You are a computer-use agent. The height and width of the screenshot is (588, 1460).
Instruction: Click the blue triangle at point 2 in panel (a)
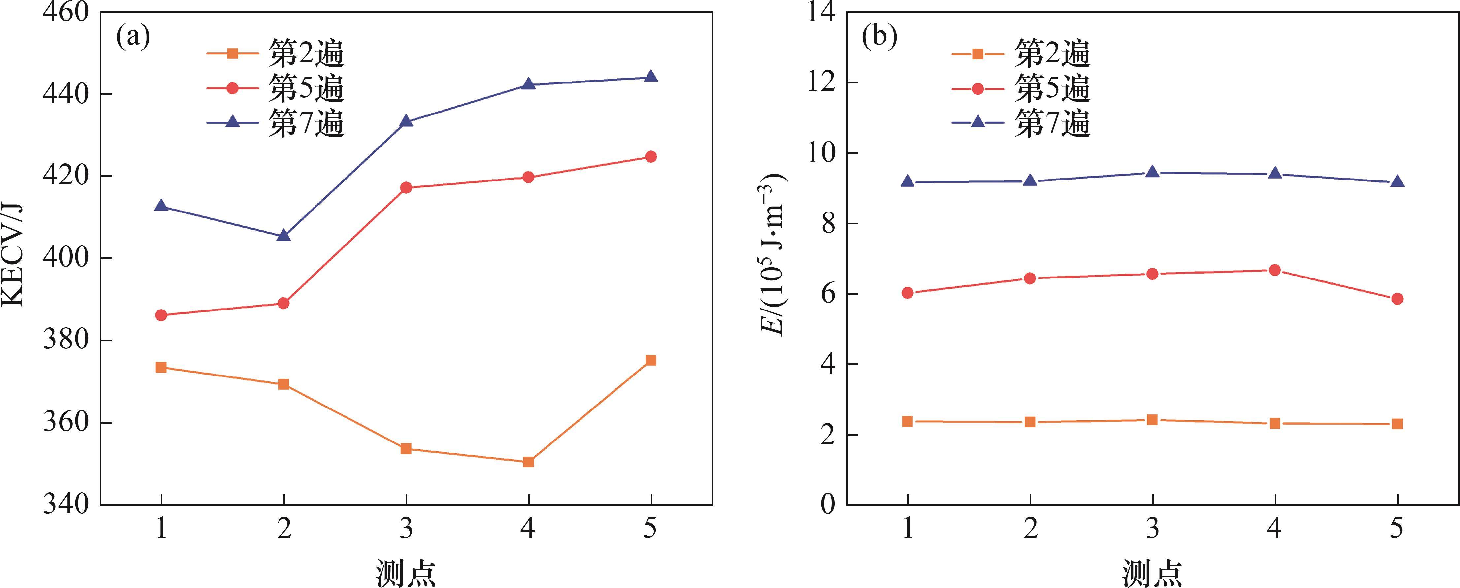click(x=284, y=235)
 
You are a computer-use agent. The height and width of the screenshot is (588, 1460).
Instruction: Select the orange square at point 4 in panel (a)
click(x=528, y=462)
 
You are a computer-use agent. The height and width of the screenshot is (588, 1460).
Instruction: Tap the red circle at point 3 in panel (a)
click(x=406, y=187)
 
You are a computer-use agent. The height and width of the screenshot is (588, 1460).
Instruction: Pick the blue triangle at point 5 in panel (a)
click(x=651, y=77)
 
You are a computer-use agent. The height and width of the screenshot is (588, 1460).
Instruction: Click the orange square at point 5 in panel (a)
click(x=651, y=360)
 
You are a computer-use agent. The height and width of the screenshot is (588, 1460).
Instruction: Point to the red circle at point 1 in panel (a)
click(x=161, y=315)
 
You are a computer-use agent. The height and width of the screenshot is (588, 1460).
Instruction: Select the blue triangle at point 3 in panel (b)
click(x=1152, y=172)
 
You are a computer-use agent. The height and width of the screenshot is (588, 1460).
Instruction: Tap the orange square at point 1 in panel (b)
click(x=908, y=421)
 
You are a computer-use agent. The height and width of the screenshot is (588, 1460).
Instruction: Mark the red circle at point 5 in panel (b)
click(x=1397, y=299)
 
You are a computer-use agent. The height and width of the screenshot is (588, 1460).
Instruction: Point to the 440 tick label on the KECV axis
click(x=66, y=93)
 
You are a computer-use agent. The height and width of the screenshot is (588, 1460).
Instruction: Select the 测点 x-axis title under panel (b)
click(x=1152, y=573)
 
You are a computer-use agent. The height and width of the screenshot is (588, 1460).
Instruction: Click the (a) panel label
click(x=133, y=37)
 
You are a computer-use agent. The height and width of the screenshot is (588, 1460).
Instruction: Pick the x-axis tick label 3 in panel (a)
click(x=406, y=529)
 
